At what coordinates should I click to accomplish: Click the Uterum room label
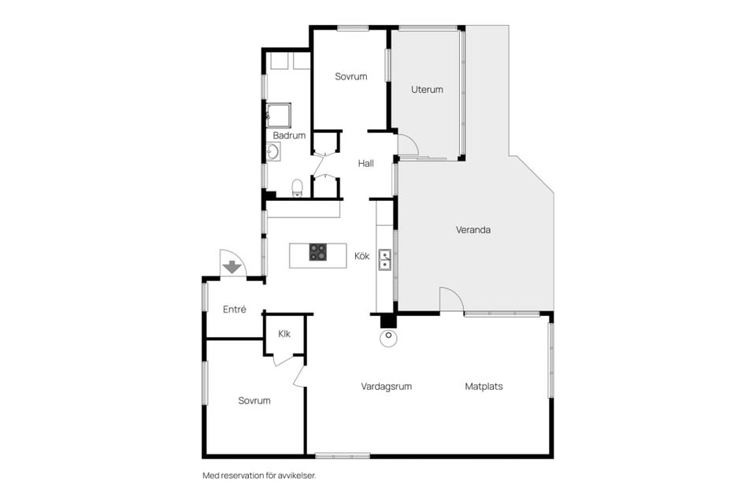click(427, 89)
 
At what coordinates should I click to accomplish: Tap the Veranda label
click(473, 230)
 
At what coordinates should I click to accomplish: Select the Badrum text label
click(289, 135)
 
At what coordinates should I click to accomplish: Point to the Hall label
click(365, 163)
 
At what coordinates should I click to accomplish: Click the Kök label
click(361, 256)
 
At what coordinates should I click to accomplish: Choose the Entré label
click(235, 309)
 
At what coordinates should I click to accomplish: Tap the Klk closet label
click(284, 333)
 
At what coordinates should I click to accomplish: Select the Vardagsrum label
click(386, 387)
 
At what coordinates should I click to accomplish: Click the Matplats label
click(484, 387)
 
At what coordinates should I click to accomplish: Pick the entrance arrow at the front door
click(232, 267)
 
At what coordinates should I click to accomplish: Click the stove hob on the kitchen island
click(317, 252)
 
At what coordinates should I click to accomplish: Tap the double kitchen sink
click(384, 260)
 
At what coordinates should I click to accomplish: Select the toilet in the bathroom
click(297, 188)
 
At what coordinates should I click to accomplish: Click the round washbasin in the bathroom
click(273, 151)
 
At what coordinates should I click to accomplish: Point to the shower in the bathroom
click(279, 115)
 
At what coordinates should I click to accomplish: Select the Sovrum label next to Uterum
click(351, 76)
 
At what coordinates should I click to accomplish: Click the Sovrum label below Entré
click(254, 400)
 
